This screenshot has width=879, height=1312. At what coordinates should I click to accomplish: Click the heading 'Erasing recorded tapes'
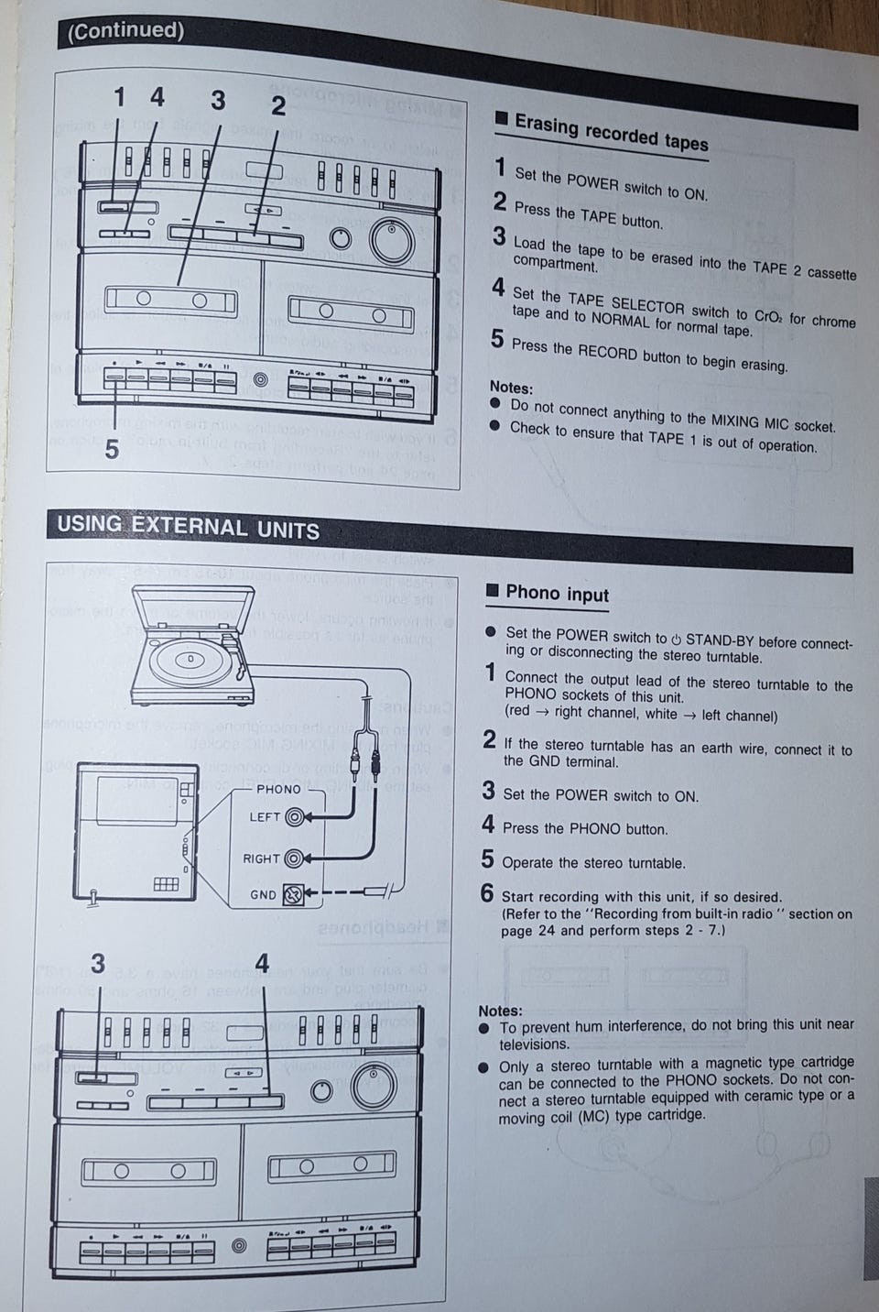click(x=611, y=132)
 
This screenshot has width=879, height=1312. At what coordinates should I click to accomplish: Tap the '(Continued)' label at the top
click(x=125, y=31)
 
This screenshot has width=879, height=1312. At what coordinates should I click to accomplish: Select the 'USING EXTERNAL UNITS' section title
click(x=188, y=527)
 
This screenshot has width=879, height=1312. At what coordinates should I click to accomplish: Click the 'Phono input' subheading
click(x=557, y=594)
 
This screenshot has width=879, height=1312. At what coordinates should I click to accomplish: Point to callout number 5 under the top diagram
click(x=111, y=450)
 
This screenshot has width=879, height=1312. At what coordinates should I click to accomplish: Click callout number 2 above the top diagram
click(x=278, y=106)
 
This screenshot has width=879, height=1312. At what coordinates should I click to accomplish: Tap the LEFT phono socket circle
click(x=295, y=817)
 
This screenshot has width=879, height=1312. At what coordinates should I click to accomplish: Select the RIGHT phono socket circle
click(x=294, y=858)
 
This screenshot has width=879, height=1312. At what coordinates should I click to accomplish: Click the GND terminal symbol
click(x=292, y=894)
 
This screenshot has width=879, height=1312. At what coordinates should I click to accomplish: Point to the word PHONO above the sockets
click(x=278, y=789)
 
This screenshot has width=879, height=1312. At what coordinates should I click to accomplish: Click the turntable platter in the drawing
click(x=190, y=660)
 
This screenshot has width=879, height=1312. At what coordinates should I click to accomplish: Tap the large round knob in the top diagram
click(x=392, y=240)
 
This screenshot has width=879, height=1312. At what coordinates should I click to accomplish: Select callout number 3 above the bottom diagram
click(x=97, y=963)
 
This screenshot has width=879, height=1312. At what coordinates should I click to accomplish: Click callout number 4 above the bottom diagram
click(x=262, y=963)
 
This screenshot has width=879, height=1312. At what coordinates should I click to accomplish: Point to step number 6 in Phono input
click(x=487, y=893)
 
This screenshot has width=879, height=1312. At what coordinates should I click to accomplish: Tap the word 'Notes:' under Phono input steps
click(x=500, y=1011)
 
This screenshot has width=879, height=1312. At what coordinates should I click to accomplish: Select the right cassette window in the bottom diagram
click(x=331, y=1167)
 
